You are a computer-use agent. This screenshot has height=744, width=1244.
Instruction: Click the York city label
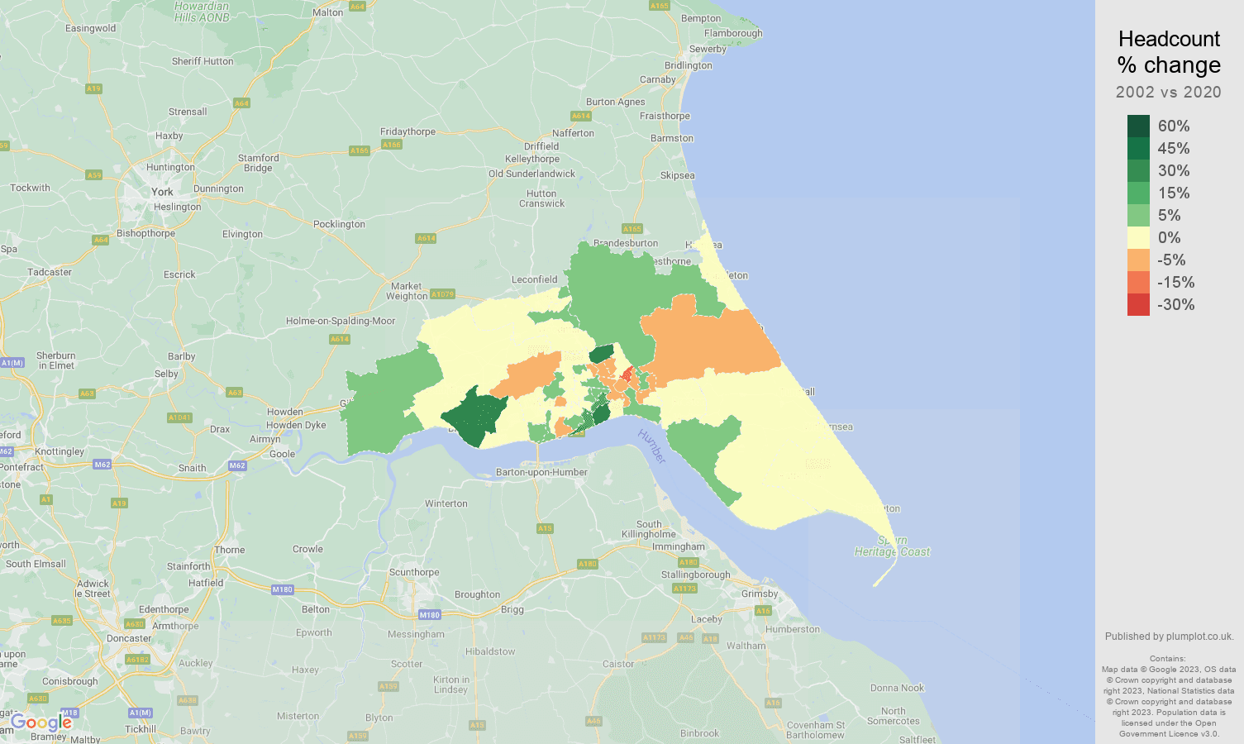point(163,192)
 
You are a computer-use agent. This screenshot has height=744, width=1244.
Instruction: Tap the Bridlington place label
point(688,65)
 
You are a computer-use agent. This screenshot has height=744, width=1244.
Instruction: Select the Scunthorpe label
point(414,572)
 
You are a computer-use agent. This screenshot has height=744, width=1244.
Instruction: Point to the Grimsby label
point(760,594)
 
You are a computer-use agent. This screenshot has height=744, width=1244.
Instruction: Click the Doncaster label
point(129,638)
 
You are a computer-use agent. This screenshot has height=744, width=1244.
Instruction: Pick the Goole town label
point(282,454)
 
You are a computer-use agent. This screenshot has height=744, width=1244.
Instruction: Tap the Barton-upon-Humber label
point(541,472)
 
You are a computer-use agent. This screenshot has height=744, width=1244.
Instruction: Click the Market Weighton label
point(407,291)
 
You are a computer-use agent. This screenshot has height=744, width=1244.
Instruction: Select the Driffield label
point(541,146)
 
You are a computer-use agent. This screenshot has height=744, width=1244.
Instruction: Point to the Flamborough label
point(733,33)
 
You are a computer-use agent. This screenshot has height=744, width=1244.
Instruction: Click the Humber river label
point(652,446)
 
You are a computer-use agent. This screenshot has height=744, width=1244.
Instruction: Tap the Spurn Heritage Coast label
point(892,546)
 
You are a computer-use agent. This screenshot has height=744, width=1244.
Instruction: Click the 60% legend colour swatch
point(1138,126)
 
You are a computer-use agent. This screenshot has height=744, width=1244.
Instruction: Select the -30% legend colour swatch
point(1138,304)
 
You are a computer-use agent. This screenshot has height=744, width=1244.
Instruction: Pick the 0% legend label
point(1169,237)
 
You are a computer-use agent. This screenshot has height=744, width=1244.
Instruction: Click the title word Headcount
point(1169,39)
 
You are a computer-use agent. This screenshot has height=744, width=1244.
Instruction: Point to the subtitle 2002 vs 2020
point(1168,92)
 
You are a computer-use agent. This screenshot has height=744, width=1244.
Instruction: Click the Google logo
point(41,723)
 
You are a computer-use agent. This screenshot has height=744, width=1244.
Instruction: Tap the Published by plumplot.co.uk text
point(1169,637)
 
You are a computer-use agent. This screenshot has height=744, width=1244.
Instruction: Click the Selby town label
point(166,374)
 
